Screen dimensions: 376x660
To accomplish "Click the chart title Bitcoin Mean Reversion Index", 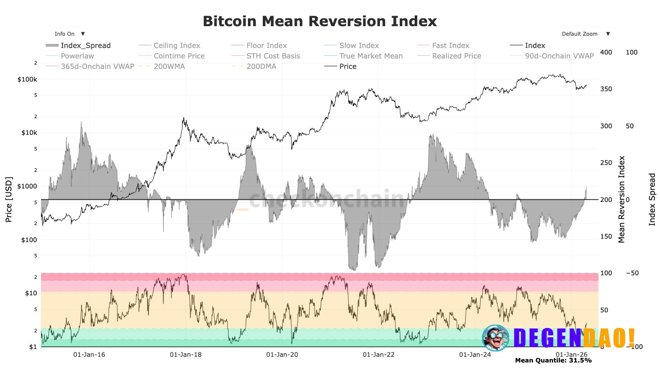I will [x=320, y=21].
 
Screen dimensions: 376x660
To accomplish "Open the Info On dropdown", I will [x=69, y=34].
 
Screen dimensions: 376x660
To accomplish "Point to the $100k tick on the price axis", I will [x=27, y=79].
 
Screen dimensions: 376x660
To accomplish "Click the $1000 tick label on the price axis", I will [x=27, y=186].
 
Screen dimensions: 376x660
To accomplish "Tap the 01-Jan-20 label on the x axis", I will [x=282, y=355].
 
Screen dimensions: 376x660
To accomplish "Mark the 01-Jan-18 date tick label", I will [x=186, y=355].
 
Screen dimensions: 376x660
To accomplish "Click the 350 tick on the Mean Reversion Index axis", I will [x=606, y=89].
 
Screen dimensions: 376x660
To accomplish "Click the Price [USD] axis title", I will [x=9, y=199].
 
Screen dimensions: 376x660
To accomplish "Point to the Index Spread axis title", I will [x=652, y=199].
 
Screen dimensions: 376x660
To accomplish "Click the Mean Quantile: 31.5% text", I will [x=553, y=360].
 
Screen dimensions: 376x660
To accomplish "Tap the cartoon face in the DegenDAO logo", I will [x=495, y=338].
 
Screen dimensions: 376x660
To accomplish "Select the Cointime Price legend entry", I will [x=179, y=56].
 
